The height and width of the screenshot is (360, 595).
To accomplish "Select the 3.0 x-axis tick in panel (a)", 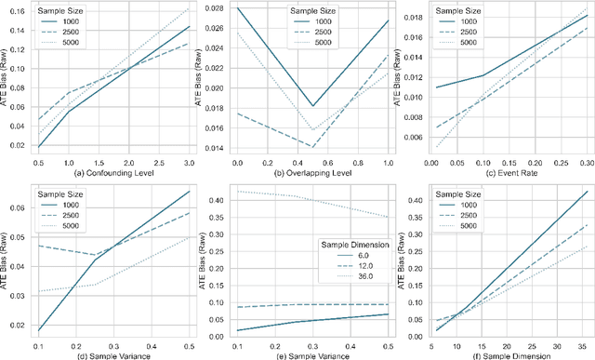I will [189, 160].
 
